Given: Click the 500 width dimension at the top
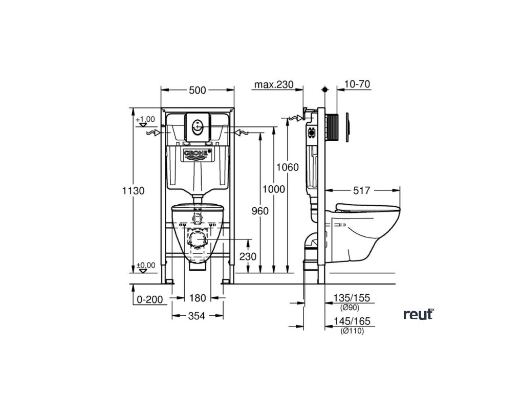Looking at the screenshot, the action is pyautogui.click(x=197, y=90).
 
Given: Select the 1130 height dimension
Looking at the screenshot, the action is pyautogui.click(x=134, y=190).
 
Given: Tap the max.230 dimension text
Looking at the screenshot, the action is pyautogui.click(x=274, y=84).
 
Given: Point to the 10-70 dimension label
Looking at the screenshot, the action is pyautogui.click(x=357, y=84).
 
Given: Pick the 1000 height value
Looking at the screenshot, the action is pyautogui.click(x=274, y=189).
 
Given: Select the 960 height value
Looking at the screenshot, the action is pyautogui.click(x=259, y=210).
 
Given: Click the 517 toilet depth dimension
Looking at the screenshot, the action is pyautogui.click(x=362, y=190).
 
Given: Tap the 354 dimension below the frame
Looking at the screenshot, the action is pyautogui.click(x=196, y=316).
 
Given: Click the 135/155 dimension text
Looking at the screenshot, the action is pyautogui.click(x=352, y=298).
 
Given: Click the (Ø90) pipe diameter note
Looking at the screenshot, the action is pyautogui.click(x=350, y=307).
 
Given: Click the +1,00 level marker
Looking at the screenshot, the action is pyautogui.click(x=146, y=119).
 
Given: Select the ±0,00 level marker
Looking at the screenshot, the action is pyautogui.click(x=146, y=265).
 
